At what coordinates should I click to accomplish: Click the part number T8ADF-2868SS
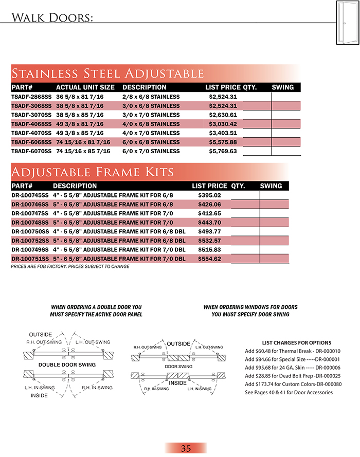pyautogui.click(x=31, y=97)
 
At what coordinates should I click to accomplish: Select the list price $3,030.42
pyautogui.click(x=223, y=124)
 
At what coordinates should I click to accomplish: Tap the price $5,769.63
pyautogui.click(x=223, y=152)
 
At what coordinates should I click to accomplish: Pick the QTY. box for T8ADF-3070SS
pyautogui.click(x=257, y=115)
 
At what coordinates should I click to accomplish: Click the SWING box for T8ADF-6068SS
pyautogui.click(x=286, y=142)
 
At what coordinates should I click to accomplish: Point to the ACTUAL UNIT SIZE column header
pyautogui.click(x=85, y=87)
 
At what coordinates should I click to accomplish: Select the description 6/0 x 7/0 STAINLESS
pyautogui.click(x=151, y=152)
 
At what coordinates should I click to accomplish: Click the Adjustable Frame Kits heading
pyautogui.click(x=92, y=171)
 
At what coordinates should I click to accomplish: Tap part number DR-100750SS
pyautogui.click(x=30, y=231)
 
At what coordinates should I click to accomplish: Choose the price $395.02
pyautogui.click(x=209, y=195)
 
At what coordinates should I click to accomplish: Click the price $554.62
pyautogui.click(x=209, y=259)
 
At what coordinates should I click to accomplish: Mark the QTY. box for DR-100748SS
pyautogui.click(x=245, y=223)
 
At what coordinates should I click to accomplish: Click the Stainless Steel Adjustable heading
pyautogui.click(x=107, y=73)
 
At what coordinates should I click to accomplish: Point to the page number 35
pyautogui.click(x=186, y=448)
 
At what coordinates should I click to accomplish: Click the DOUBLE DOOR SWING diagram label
pyautogui.click(x=67, y=364)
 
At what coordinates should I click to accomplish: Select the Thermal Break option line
pyautogui.click(x=289, y=351)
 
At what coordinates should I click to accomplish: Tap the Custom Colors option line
pyautogui.click(x=289, y=384)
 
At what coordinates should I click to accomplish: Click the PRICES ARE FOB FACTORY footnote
pyautogui.click(x=70, y=267)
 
